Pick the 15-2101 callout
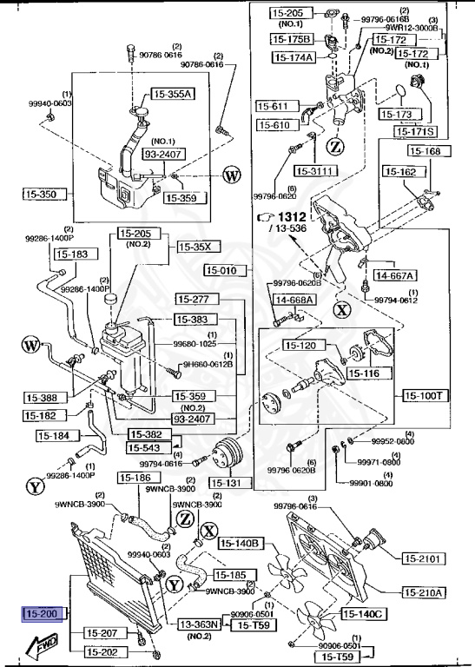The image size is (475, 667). (x=423, y=559)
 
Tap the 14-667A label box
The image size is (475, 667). (x=394, y=275)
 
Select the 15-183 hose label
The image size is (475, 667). (x=72, y=254)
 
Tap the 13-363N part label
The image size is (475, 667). (x=200, y=624)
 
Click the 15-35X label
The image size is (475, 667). (x=195, y=247)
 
